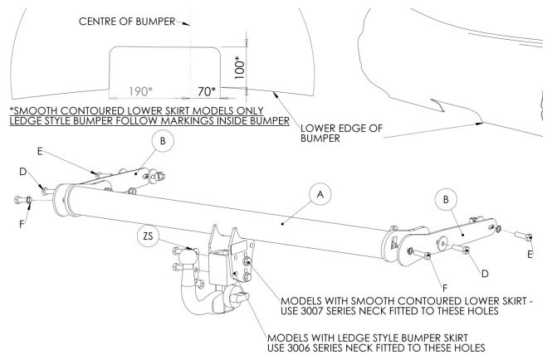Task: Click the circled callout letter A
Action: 320,195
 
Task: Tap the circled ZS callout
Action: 148,236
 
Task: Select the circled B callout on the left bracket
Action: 163,141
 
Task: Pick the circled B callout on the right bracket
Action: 446,200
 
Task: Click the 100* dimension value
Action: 240,68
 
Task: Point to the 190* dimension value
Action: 140,91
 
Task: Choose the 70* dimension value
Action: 207,91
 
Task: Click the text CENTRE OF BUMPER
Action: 127,22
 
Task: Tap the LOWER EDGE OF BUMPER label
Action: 341,134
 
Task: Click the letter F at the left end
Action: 22,224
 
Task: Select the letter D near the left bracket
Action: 23,172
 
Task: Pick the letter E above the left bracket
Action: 40,152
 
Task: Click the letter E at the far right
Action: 530,254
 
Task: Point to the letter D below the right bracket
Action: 485,274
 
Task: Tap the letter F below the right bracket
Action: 445,288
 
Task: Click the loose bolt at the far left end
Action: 23,200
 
